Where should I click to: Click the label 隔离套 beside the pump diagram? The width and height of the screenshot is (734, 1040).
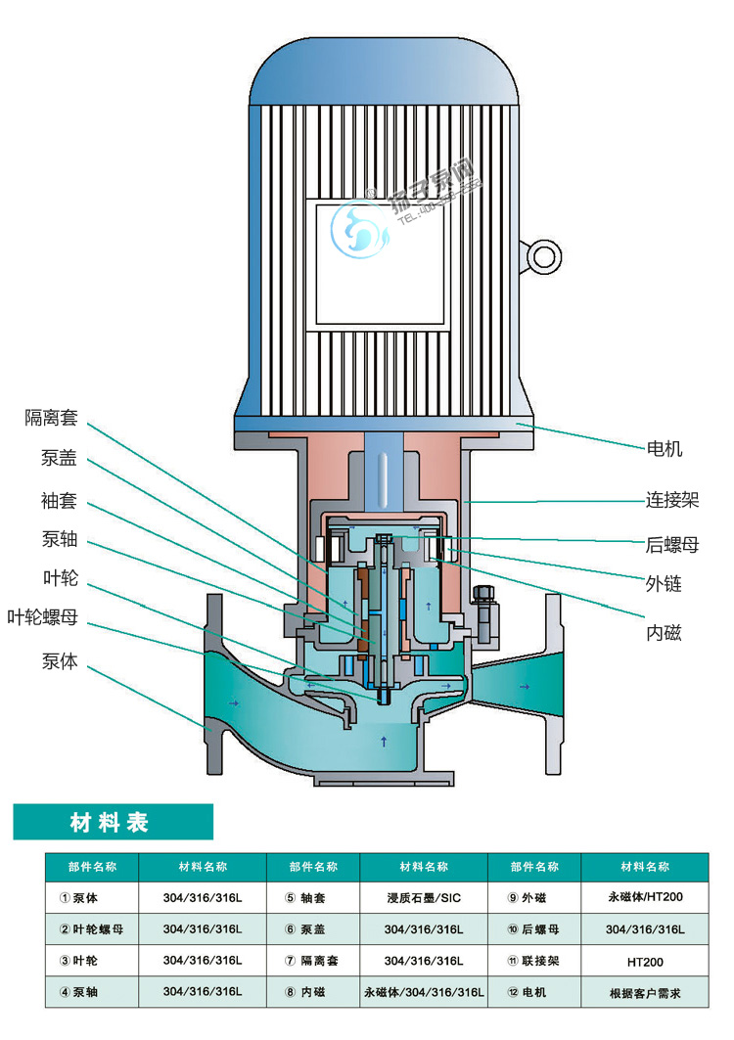click(x=50, y=418)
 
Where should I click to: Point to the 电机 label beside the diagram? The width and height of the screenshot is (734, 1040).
click(x=665, y=449)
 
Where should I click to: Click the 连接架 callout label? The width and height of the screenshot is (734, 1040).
click(x=672, y=500)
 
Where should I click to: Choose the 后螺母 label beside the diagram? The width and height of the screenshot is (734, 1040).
click(x=672, y=545)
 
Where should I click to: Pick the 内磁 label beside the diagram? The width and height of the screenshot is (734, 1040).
click(x=664, y=634)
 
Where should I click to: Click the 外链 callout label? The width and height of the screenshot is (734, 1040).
click(x=664, y=585)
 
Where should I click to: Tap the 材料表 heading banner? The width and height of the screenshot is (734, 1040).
click(x=112, y=822)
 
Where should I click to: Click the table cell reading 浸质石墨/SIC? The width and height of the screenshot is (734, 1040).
click(x=422, y=896)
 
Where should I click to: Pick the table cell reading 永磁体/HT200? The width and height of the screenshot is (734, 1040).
click(x=645, y=895)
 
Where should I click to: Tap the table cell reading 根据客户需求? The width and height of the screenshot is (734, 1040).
click(x=645, y=993)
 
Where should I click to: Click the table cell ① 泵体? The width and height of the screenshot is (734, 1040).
click(x=92, y=896)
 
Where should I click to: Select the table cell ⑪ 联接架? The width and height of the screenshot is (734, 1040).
click(x=534, y=962)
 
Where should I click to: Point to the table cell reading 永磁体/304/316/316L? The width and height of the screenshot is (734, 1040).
click(x=423, y=993)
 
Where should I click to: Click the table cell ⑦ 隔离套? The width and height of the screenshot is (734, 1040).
click(x=313, y=962)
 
